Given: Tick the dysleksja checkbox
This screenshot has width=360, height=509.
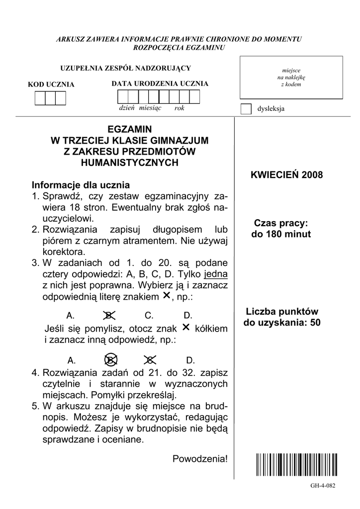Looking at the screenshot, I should click(246, 109).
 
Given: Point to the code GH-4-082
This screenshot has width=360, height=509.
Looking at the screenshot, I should click(323, 486).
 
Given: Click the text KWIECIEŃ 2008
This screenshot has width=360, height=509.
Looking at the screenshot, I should click(287, 175).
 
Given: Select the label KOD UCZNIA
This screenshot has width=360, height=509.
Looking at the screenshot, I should click(51, 85).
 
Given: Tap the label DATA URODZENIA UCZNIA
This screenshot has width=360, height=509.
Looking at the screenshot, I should click(160, 84).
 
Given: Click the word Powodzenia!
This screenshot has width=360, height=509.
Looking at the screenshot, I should click(200, 458).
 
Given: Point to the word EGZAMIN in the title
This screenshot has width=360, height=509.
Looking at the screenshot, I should click(129, 129).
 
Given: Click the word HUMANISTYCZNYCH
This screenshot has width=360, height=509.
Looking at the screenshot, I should click(129, 163).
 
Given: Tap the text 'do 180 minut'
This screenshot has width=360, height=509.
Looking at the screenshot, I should click(281, 234).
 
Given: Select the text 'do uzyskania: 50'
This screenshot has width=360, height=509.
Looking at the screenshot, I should click(282, 323).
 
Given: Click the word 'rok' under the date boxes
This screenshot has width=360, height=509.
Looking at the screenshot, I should click(180, 108).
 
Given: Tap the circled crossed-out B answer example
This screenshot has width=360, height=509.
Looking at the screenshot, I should click(111, 360).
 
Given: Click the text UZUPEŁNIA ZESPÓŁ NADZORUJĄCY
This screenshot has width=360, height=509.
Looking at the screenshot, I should click(125, 68).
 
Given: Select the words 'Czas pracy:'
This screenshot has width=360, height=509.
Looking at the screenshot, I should click(281, 223).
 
